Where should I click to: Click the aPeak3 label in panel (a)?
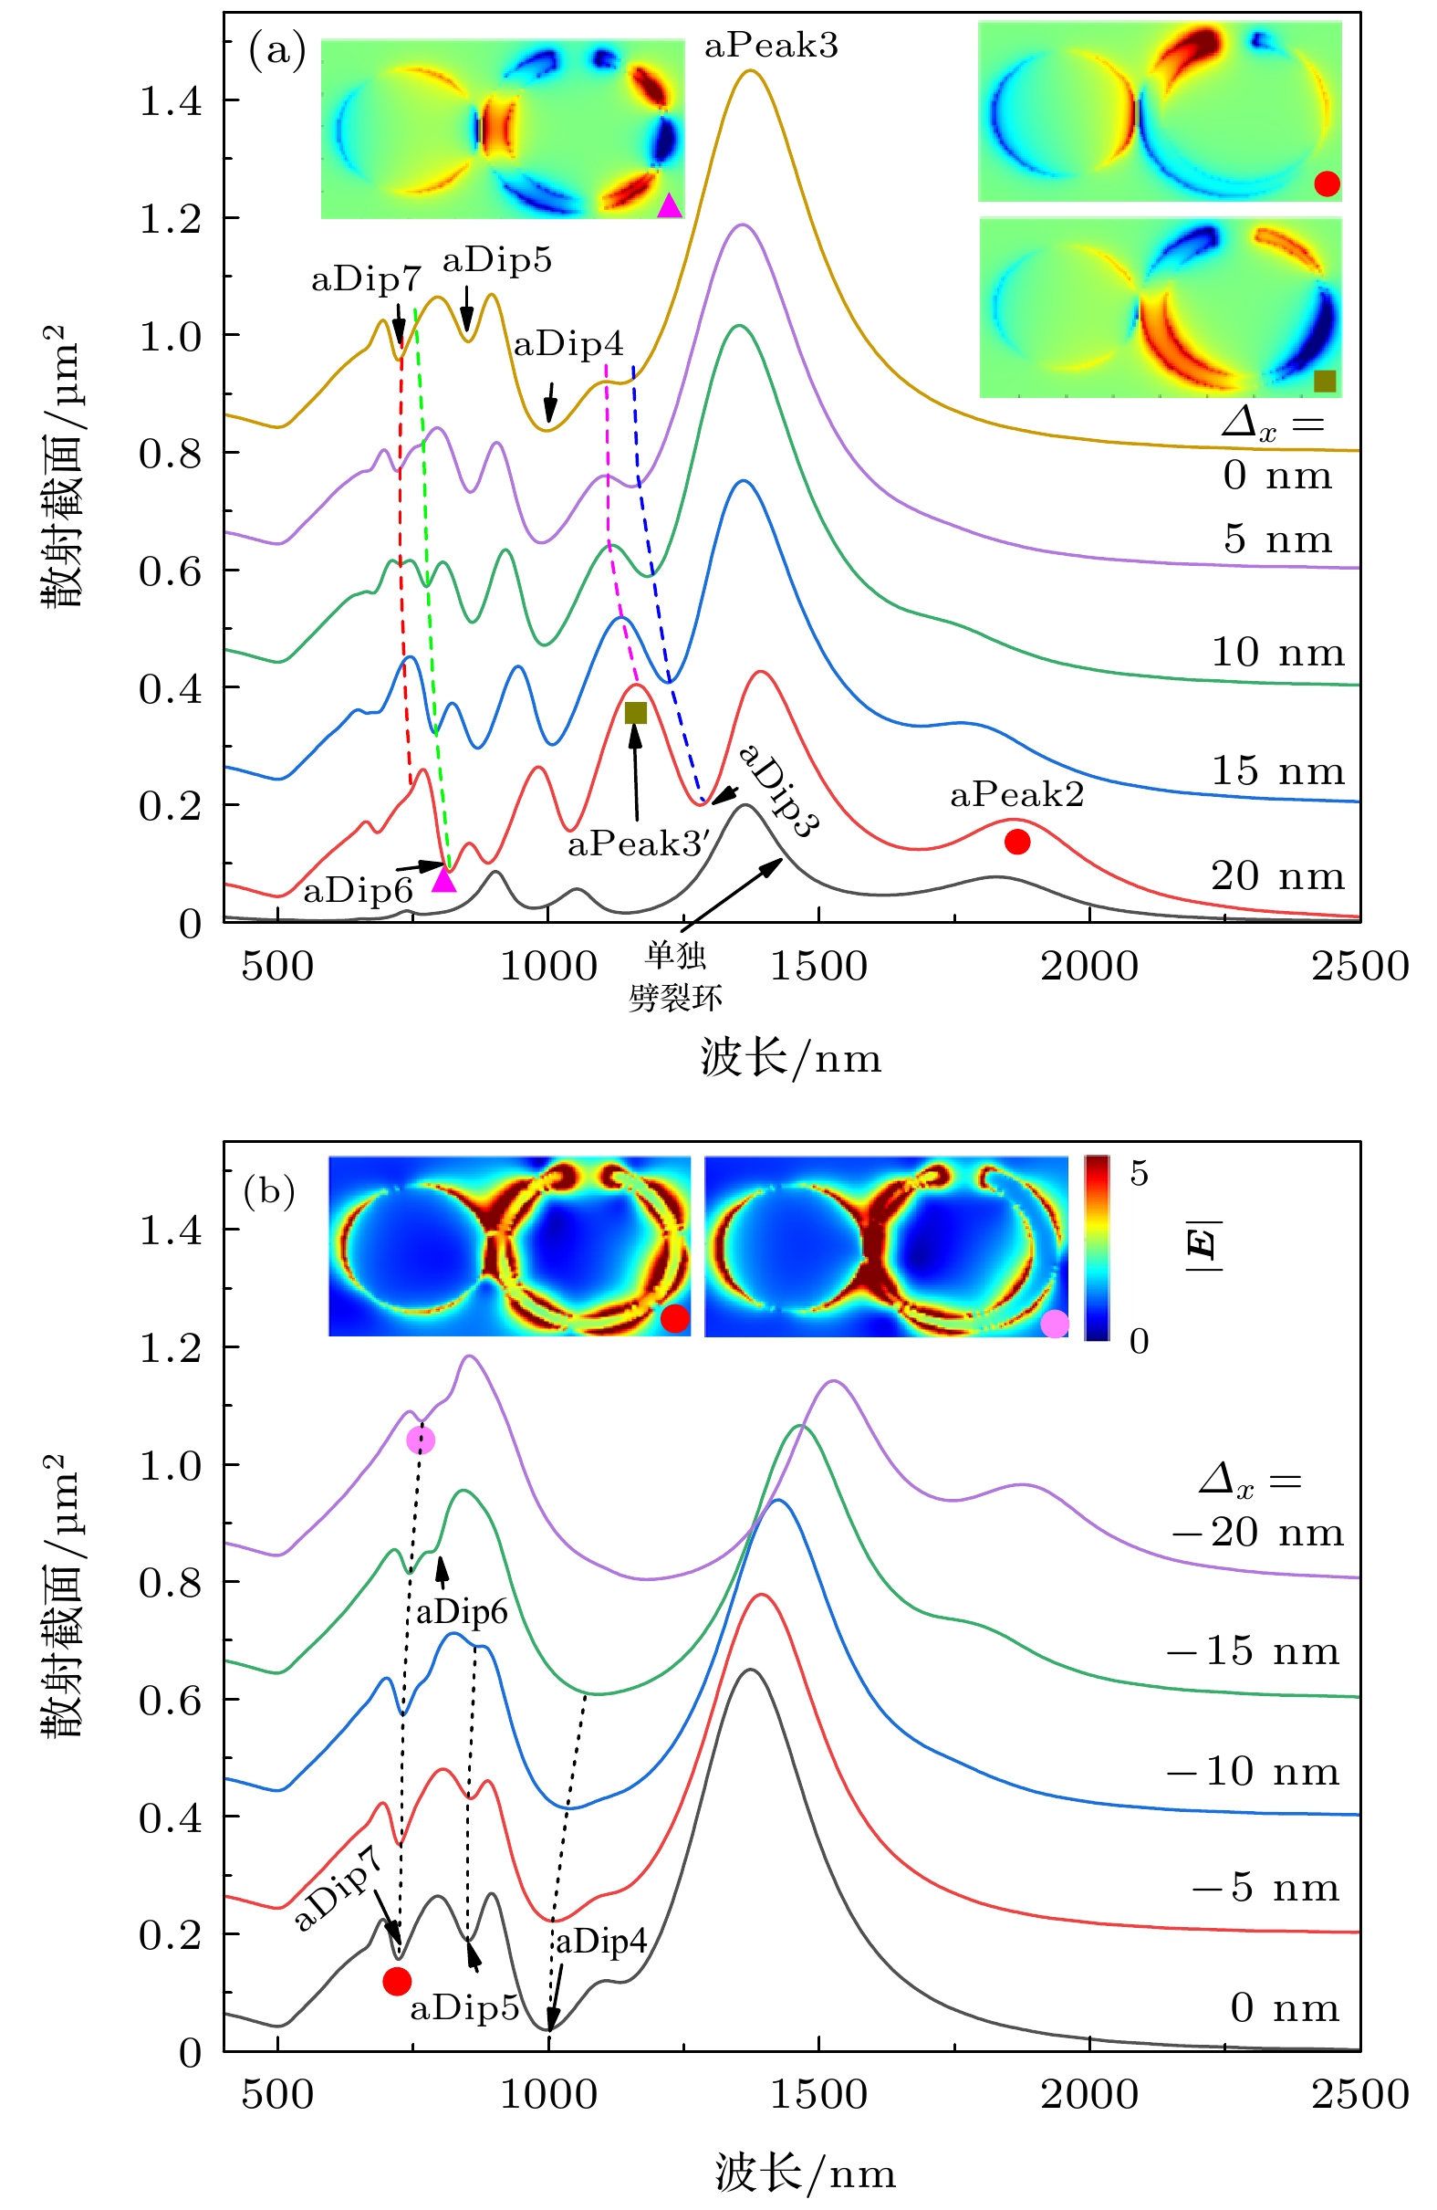(x=770, y=46)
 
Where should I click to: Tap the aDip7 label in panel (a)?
(x=366, y=278)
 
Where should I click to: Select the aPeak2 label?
(x=1016, y=795)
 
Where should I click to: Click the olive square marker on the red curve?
(x=636, y=712)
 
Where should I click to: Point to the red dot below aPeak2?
(x=1017, y=842)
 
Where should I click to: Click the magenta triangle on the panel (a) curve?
(x=444, y=880)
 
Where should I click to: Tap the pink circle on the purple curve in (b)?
(x=421, y=1440)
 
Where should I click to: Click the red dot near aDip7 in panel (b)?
(x=397, y=1982)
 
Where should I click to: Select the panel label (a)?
(x=276, y=50)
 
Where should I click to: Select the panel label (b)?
(x=269, y=1190)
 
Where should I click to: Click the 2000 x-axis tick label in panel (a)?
(x=1088, y=966)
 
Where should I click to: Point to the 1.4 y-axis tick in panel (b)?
(x=170, y=1231)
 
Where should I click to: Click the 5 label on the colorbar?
(x=1139, y=1174)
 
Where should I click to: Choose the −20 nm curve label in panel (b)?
(x=1258, y=1532)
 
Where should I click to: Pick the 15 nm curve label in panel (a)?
(x=1277, y=770)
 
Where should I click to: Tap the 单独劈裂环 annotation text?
(x=675, y=977)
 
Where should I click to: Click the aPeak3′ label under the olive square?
(x=639, y=843)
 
